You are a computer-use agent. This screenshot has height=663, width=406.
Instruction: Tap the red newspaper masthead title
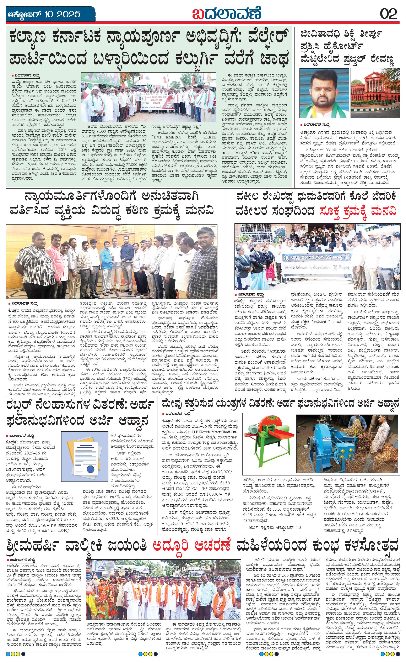(227, 14)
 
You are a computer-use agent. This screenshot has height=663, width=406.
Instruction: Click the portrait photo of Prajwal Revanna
(324, 93)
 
